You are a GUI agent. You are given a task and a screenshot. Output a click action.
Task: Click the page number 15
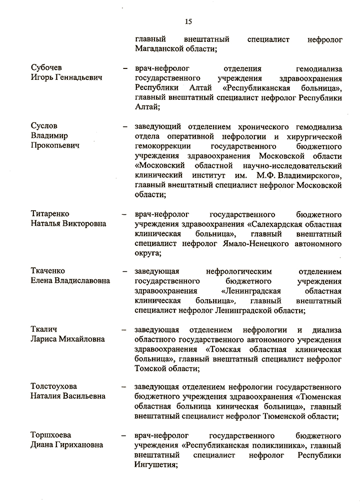click(x=188, y=21)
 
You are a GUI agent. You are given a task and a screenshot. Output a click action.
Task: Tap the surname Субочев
click(x=47, y=68)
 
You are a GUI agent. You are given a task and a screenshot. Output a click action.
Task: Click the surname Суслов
click(x=44, y=126)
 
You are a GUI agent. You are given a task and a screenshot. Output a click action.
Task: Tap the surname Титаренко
click(x=50, y=214)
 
